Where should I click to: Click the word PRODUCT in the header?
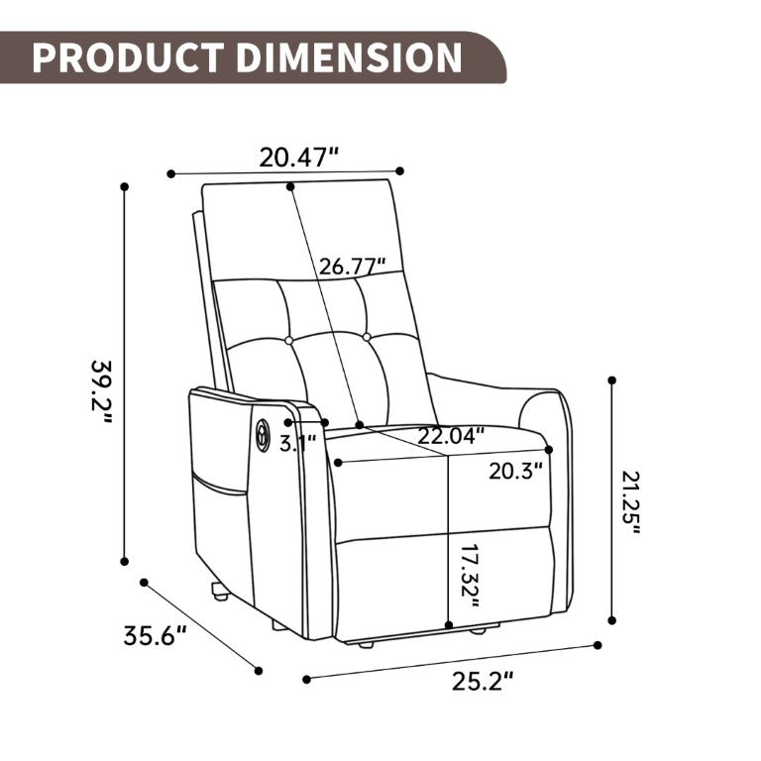(x=128, y=57)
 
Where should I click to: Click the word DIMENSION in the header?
(x=349, y=57)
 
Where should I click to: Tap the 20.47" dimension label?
(x=298, y=158)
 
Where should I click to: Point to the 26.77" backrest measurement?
(x=353, y=267)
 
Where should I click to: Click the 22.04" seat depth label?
(x=452, y=436)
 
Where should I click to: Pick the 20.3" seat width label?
(x=515, y=471)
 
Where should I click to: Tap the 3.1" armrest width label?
(x=297, y=443)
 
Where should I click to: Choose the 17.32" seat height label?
(x=470, y=576)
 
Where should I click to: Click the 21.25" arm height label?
(x=630, y=502)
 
